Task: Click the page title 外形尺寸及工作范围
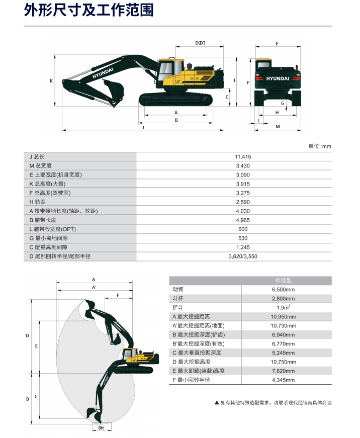pos(88,10)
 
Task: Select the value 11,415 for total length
pos(243,157)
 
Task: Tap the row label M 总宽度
pos(41,166)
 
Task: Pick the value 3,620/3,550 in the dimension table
pos(243,256)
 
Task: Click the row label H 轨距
pos(37,202)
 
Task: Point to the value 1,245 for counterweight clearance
pos(243,247)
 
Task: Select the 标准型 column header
pos(283,281)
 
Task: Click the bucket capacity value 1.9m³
pos(284,308)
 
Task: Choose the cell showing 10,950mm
pos(284,317)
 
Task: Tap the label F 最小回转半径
pos(191,380)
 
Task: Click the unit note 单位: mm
pos(320,146)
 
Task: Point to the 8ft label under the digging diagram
pos(101,428)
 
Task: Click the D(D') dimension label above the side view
pos(200,43)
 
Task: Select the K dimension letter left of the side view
pos(51,81)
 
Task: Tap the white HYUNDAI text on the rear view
pos(278,79)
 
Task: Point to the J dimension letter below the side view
pos(143,127)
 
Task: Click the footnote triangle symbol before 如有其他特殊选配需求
pos(217,403)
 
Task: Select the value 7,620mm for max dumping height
pos(284,371)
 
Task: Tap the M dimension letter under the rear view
pos(278,127)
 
